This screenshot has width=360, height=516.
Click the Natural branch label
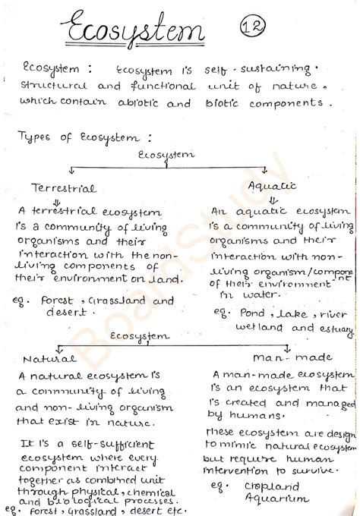(49, 358)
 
